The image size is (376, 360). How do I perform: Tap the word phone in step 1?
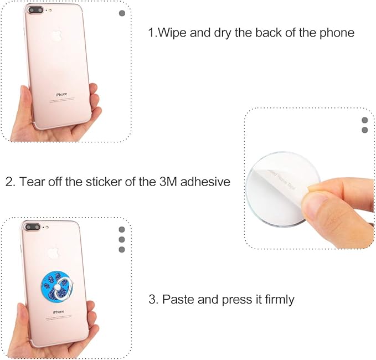[333, 32]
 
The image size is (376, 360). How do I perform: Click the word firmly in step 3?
[277, 300]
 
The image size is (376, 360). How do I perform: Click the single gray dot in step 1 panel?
[122, 13]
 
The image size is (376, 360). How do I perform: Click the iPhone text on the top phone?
[61, 94]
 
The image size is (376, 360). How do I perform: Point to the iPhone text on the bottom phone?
[59, 312]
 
